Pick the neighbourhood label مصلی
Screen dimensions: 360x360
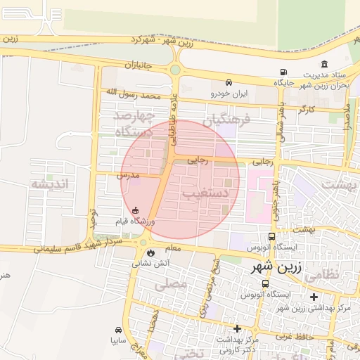tap(174, 283)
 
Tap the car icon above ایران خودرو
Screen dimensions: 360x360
tap(229, 82)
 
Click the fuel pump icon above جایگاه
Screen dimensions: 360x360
tap(283, 72)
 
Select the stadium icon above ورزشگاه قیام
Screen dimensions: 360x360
tap(135, 210)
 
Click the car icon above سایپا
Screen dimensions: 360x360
tap(117, 329)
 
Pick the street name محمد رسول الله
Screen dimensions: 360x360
tap(133, 94)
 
